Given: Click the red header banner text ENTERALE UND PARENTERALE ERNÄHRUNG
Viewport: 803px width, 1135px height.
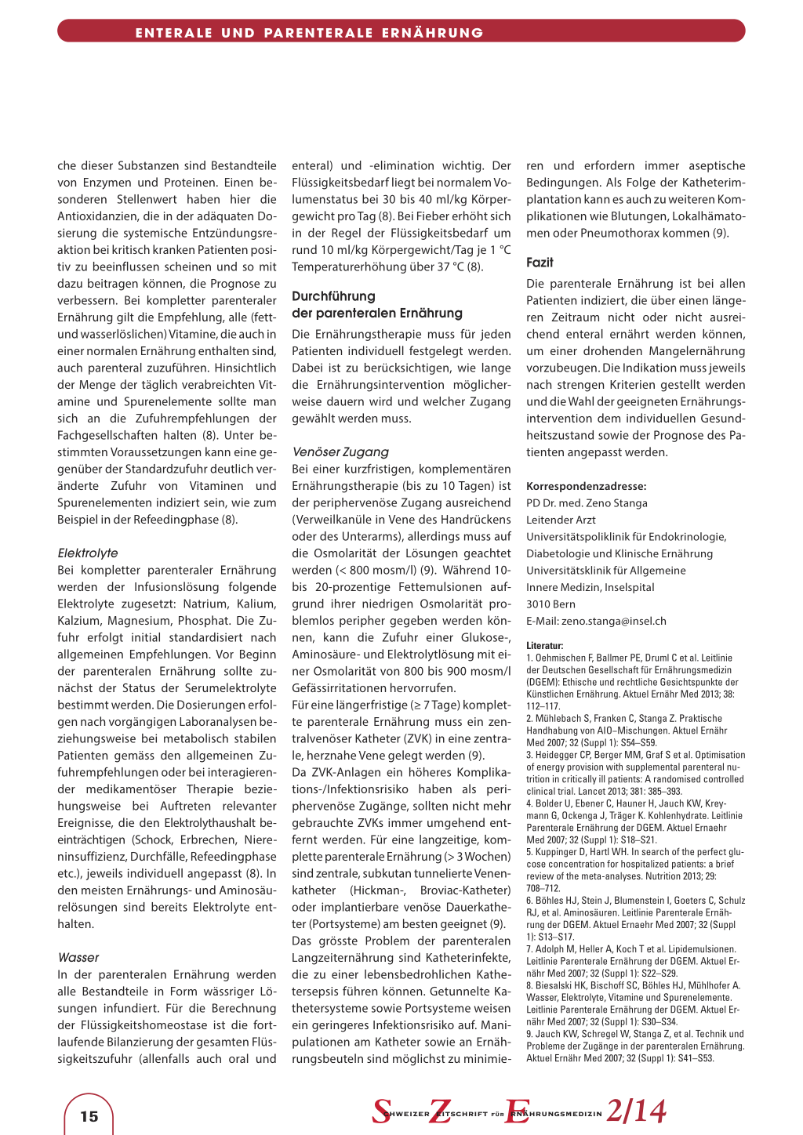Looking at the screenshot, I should coord(309,33).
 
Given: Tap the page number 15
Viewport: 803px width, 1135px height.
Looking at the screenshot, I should coord(89,1116).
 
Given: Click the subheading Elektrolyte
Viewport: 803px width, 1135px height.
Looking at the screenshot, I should coord(88,553).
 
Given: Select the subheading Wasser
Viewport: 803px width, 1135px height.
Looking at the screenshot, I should coord(78,957).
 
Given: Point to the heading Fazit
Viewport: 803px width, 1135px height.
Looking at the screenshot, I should coord(540,263).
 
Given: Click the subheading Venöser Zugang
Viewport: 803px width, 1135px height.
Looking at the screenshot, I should coord(340,451).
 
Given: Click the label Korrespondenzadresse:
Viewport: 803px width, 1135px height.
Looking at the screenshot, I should coord(586,486).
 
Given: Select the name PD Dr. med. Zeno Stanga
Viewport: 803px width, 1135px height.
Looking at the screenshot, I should coord(587,503).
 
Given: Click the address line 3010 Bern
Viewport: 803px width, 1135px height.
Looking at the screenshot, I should coord(550,604).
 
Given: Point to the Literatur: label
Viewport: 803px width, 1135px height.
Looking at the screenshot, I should coord(544,646).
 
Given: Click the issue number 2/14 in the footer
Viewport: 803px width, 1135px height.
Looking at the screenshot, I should coord(636,1111).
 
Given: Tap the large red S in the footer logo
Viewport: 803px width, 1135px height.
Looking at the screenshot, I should coord(382,1111).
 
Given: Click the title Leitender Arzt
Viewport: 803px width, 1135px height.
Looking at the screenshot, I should coord(561,520).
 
